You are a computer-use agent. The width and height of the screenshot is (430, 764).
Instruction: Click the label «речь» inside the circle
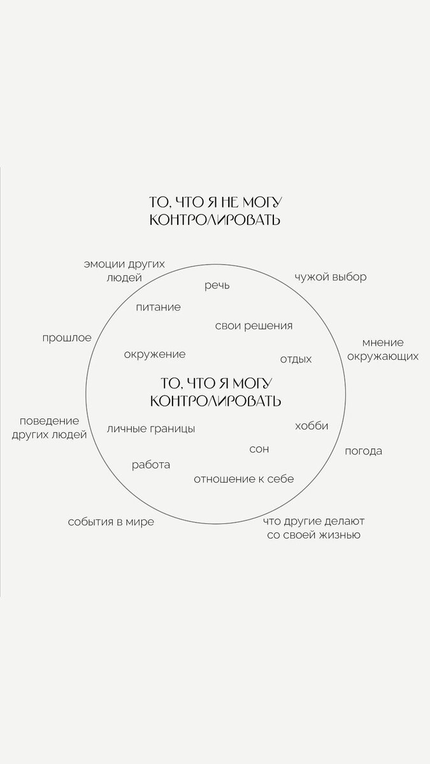217,286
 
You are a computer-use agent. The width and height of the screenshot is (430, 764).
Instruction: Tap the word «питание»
158,307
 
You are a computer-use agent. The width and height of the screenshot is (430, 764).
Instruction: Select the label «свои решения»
254,326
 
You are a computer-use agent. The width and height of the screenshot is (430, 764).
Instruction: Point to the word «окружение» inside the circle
155,354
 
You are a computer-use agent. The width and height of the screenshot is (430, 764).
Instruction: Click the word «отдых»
296,359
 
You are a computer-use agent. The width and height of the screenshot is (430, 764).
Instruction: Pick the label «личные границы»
151,428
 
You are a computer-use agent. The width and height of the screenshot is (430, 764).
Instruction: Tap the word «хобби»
312,426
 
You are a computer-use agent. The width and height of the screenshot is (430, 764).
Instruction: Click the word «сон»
259,449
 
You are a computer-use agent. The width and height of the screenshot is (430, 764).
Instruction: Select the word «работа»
151,465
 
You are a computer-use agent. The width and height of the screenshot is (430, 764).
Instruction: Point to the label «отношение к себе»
244,479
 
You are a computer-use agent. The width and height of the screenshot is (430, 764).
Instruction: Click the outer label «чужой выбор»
330,278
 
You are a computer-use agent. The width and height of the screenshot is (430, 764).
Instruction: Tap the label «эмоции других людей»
124,271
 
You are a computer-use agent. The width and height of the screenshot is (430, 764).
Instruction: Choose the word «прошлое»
67,337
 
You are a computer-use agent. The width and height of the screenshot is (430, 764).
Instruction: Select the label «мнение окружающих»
383,349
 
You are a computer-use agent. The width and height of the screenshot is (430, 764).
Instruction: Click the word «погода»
363,451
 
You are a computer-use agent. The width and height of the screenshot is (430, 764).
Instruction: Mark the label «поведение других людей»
49,427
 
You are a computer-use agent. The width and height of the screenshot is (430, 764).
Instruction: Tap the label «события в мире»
111,522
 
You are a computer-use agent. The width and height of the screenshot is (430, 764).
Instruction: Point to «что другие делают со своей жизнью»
313,528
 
